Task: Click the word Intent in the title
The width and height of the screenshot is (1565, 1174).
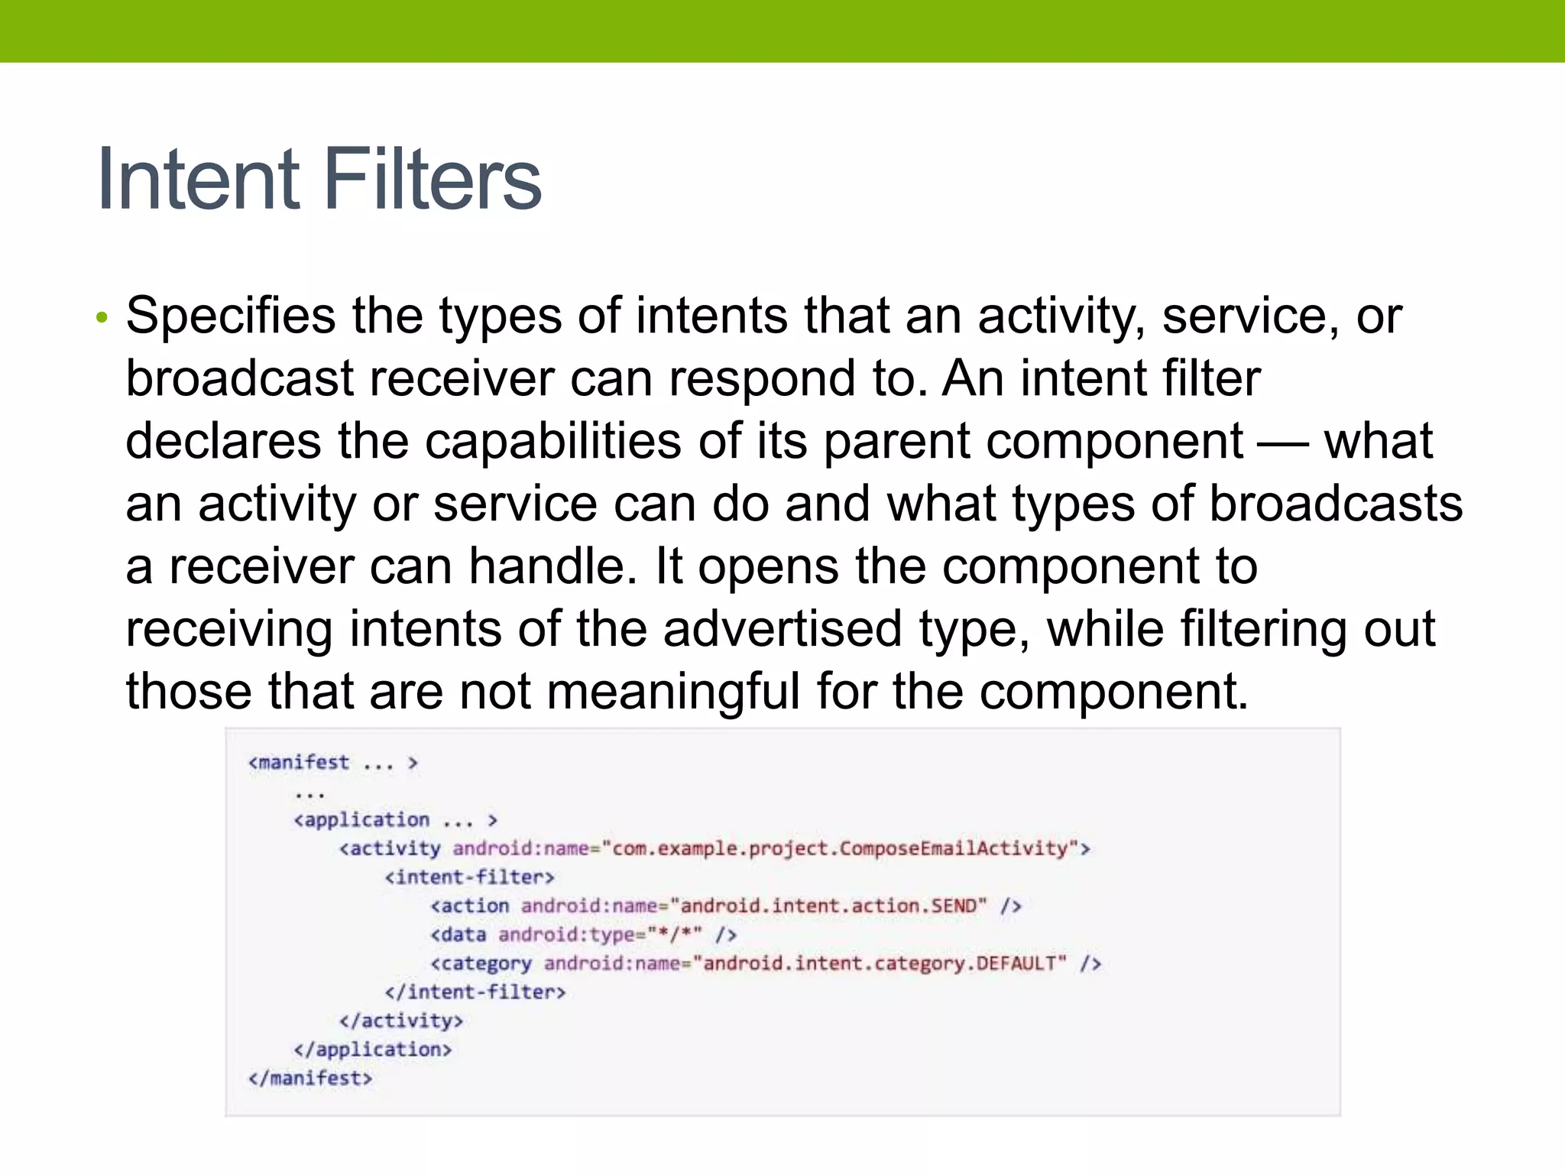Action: pyautogui.click(x=197, y=179)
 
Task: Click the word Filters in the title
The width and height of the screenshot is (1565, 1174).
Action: pyautogui.click(x=433, y=179)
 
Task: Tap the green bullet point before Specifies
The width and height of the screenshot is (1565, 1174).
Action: pyautogui.click(x=102, y=317)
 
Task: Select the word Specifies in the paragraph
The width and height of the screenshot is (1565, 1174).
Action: pyautogui.click(x=230, y=316)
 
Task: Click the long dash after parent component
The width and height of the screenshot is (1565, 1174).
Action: pyautogui.click(x=1283, y=443)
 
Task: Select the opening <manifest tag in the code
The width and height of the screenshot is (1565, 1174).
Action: pyautogui.click(x=299, y=762)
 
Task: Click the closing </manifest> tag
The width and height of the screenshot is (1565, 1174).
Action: pyautogui.click(x=310, y=1078)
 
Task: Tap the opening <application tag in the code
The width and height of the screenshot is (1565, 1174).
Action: pyautogui.click(x=361, y=819)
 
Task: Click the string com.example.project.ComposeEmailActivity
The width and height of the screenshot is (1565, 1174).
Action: pyautogui.click(x=841, y=848)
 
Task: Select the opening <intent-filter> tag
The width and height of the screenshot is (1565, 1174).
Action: pyautogui.click(x=469, y=877)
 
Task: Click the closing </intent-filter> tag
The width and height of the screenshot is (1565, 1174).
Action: pyautogui.click(x=475, y=992)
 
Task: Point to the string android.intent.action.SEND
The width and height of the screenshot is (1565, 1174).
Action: pyautogui.click(x=828, y=906)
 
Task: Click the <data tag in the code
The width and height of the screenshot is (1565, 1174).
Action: pyautogui.click(x=458, y=935)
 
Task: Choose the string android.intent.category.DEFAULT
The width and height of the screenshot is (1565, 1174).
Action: pyautogui.click(x=884, y=963)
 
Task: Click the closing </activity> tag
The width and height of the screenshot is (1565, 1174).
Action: pyautogui.click(x=401, y=1021)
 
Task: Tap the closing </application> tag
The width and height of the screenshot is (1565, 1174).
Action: pyautogui.click(x=373, y=1049)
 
